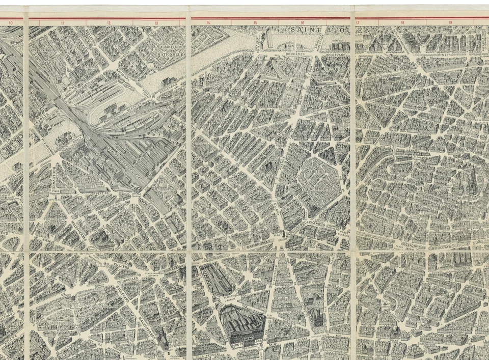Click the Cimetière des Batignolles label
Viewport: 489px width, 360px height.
170,50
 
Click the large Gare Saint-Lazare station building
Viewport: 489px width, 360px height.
242,323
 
